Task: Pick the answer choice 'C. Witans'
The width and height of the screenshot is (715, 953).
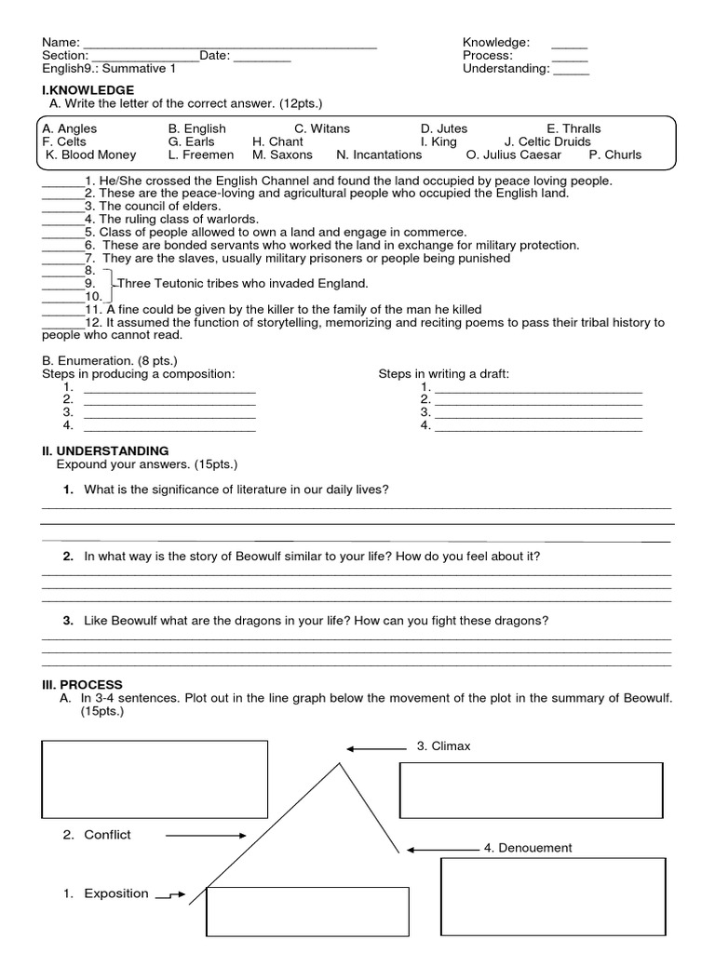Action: click(322, 128)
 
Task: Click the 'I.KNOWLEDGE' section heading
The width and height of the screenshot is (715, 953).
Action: click(88, 89)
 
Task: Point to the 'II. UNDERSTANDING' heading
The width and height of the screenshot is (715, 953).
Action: click(105, 450)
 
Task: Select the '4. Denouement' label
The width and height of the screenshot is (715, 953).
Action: click(528, 848)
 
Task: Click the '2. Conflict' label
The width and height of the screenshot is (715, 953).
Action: click(98, 835)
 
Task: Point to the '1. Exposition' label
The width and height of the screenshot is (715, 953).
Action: click(106, 893)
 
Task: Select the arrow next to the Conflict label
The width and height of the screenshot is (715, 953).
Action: click(205, 836)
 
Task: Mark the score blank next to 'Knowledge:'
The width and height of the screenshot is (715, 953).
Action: click(569, 44)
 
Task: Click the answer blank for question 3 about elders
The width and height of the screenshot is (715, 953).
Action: click(61, 207)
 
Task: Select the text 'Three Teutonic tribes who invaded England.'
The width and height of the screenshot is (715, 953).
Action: click(242, 283)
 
